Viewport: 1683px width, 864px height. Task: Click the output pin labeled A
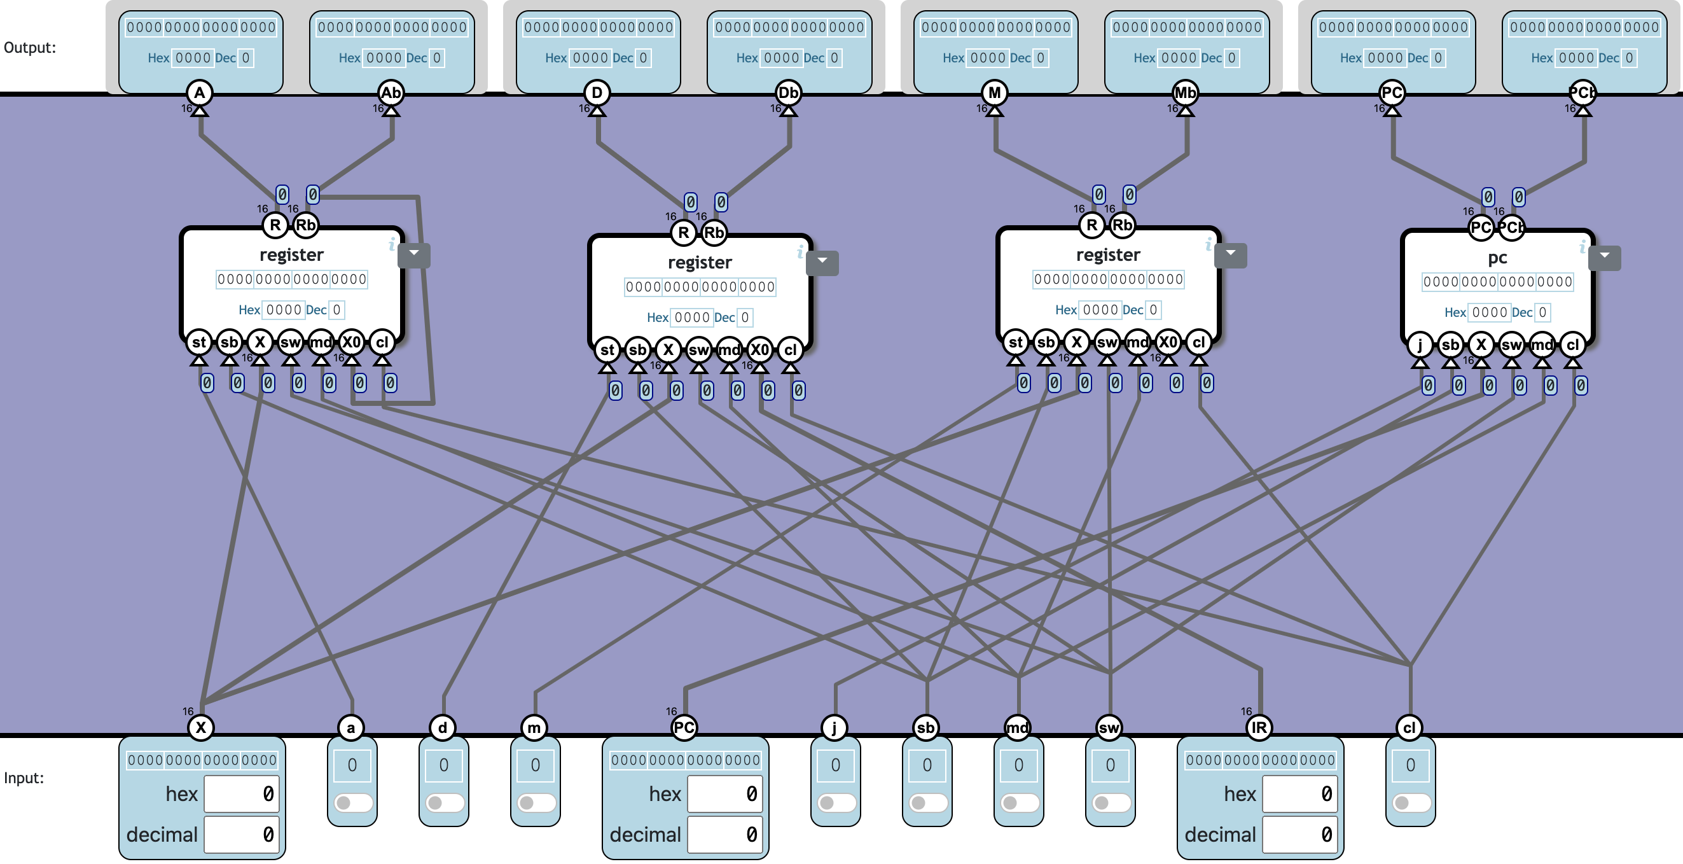(x=199, y=93)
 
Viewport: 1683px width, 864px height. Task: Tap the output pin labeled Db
(x=788, y=93)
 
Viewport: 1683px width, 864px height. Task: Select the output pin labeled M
(x=994, y=93)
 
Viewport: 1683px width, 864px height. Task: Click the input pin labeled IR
(x=1259, y=727)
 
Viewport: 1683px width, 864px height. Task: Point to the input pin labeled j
(x=835, y=727)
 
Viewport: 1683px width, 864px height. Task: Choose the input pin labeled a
(x=351, y=727)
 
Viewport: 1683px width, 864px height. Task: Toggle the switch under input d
(x=443, y=802)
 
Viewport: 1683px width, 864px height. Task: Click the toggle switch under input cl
(x=1411, y=802)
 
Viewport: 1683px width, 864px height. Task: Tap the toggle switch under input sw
(x=1110, y=802)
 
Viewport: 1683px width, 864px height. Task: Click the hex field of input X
(x=241, y=794)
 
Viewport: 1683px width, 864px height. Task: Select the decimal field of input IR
(x=1299, y=835)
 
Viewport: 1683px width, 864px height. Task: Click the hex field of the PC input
(x=724, y=794)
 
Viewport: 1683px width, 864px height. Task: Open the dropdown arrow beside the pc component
(x=1604, y=257)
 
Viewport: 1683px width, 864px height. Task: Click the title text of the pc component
(x=1497, y=258)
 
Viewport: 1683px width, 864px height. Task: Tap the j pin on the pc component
(x=1420, y=345)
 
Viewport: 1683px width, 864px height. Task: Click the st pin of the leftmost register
(x=198, y=342)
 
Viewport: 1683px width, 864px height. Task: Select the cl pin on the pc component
(x=1572, y=345)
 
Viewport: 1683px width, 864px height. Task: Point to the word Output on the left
(x=30, y=48)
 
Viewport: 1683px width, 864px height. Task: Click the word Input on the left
(x=24, y=777)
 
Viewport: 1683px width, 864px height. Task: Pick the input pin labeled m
(x=534, y=727)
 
